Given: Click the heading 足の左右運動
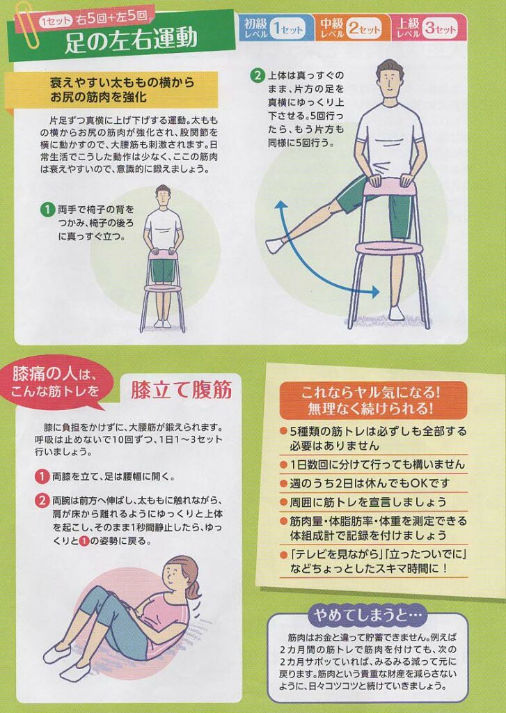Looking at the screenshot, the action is click(x=132, y=39).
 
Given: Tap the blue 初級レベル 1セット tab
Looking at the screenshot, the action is click(x=276, y=28).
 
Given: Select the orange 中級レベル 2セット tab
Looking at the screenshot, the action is click(x=352, y=28).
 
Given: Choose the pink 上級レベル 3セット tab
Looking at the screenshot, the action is click(x=429, y=28).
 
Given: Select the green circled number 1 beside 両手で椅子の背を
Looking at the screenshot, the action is click(x=47, y=210).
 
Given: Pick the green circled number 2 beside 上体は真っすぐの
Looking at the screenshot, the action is click(x=258, y=75).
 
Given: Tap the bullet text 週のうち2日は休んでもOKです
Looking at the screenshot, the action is click(x=369, y=483).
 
